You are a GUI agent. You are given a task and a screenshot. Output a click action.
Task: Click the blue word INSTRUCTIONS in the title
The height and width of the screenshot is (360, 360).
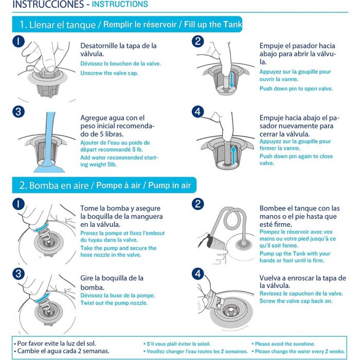(x=120, y=4)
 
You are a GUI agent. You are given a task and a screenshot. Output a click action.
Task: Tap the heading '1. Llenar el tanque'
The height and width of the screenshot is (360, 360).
(x=58, y=25)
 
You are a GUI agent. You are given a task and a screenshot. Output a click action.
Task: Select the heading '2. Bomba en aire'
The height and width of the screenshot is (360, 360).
(x=54, y=185)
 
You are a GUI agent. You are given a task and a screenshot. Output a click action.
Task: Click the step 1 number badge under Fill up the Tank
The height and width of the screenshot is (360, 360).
(x=19, y=41)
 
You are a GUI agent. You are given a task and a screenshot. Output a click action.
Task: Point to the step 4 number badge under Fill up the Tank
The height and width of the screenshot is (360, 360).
(x=197, y=112)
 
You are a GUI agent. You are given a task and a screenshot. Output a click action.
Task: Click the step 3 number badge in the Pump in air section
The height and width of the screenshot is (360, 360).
(x=19, y=274)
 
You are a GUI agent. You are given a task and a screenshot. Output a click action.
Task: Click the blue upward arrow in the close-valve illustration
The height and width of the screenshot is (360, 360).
(x=233, y=155)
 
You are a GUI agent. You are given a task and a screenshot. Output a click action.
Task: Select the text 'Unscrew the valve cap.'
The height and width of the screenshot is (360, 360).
(x=109, y=73)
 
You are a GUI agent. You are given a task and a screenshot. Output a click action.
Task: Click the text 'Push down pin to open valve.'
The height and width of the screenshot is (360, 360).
(x=296, y=88)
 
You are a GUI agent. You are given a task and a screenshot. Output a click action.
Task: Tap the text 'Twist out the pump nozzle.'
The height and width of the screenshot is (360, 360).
(x=114, y=303)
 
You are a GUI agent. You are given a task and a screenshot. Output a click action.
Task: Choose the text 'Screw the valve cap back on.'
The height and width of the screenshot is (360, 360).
(x=296, y=301)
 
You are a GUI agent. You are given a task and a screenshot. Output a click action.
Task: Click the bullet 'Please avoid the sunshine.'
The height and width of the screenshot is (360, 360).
(x=283, y=344)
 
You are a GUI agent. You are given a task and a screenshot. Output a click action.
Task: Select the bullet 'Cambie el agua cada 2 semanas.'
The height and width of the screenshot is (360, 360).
(x=62, y=351)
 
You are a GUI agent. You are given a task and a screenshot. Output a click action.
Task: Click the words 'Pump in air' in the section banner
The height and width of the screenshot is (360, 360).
(x=169, y=185)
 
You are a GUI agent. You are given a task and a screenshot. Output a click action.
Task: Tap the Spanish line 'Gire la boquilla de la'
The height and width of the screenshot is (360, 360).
(x=112, y=278)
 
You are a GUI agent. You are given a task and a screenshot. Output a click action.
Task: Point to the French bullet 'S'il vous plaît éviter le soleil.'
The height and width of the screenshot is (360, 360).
(x=177, y=344)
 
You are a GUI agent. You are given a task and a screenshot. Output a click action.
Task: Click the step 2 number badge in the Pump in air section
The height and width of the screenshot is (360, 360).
(x=197, y=204)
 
